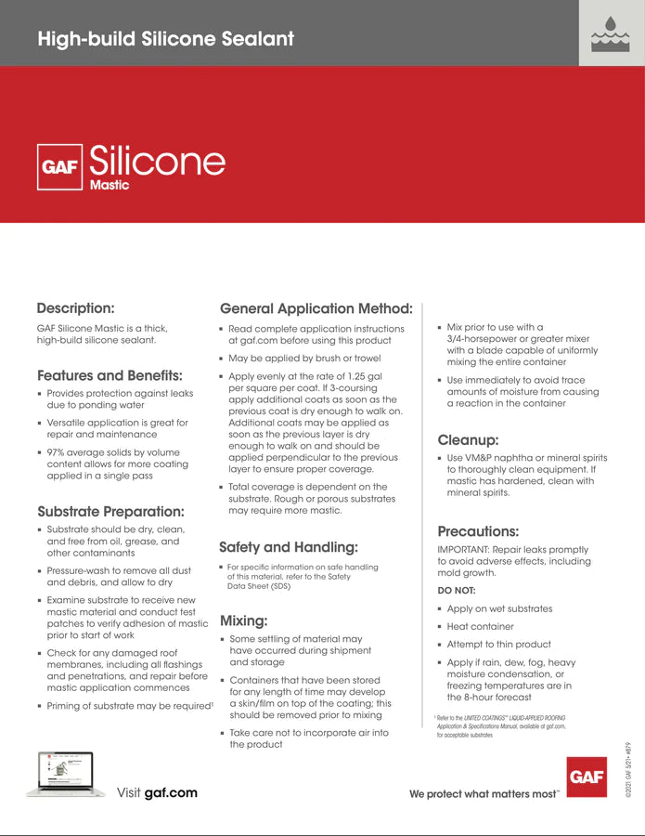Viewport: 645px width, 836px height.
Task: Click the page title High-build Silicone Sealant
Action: point(165,39)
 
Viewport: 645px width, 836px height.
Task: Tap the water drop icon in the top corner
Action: point(611,34)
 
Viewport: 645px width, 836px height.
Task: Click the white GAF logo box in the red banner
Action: point(59,167)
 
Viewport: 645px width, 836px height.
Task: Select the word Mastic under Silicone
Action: point(109,185)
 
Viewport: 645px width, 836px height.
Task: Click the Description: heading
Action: point(75,308)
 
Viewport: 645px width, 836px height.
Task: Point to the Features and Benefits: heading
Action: point(110,376)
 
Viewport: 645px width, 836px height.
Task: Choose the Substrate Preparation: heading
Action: point(110,511)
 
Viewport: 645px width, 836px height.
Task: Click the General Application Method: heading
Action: point(316,308)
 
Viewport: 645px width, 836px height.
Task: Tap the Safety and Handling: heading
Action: point(288,547)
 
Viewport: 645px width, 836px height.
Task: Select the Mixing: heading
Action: point(243,620)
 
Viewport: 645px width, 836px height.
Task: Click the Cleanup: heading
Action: point(468,440)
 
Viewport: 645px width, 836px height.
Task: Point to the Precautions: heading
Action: point(477,531)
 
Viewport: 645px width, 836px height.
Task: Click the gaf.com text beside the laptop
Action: point(171,793)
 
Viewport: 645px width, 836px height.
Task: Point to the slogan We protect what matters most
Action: point(484,794)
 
